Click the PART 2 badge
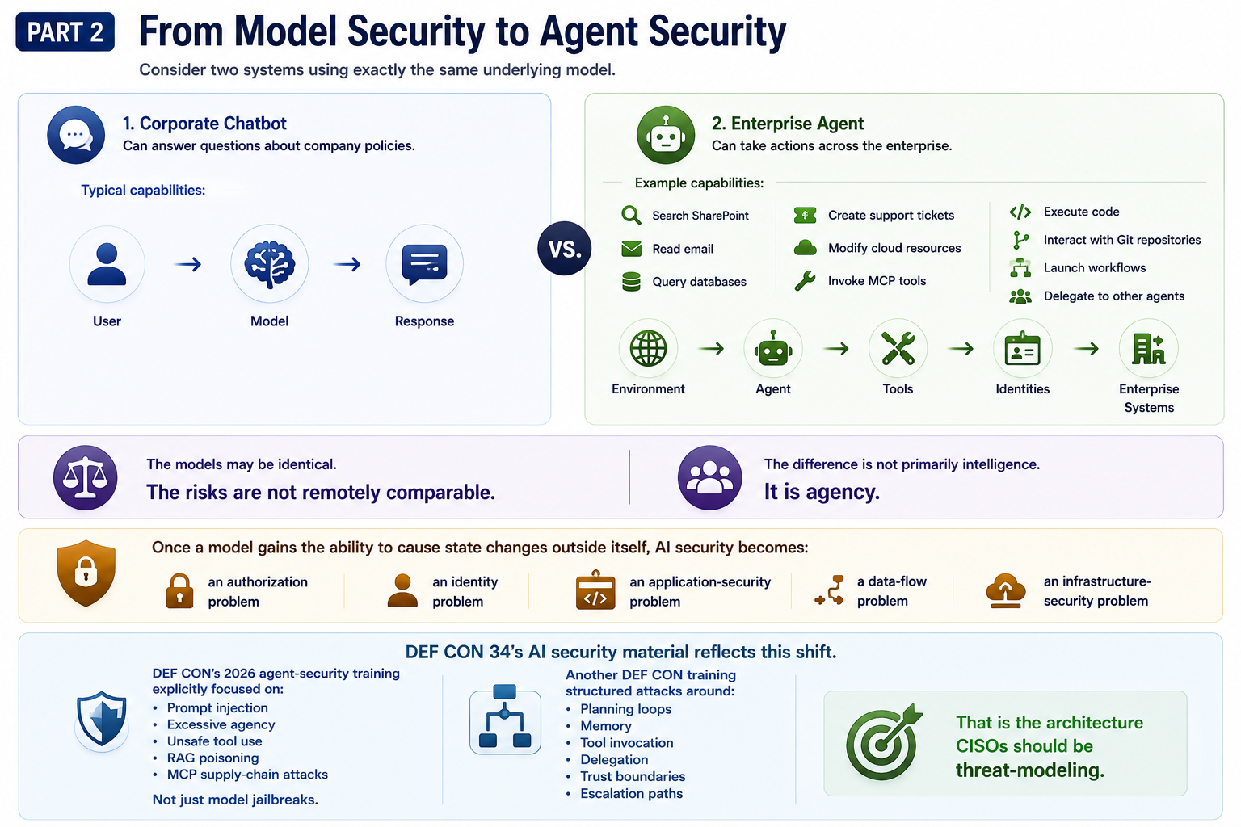pos(65,31)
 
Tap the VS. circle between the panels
pos(564,248)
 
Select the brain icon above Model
pos(269,263)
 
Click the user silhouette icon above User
pos(107,263)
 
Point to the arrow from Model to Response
pos(347,264)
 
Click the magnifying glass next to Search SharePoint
pos(631,215)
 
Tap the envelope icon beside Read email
pos(631,249)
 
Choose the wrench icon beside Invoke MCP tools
pos(805,281)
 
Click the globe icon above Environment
pos(648,348)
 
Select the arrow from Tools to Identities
pos(961,349)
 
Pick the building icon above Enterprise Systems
pos(1148,348)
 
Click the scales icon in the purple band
pos(85,477)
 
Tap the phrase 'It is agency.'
pos(822,492)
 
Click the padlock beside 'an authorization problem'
pos(179,591)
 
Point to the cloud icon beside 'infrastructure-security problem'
pos(1005,591)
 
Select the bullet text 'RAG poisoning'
pos(212,758)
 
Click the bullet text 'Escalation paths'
pos(631,793)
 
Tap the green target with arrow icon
pos(883,742)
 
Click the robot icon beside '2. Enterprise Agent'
pos(666,135)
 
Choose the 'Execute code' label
pos(1081,212)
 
